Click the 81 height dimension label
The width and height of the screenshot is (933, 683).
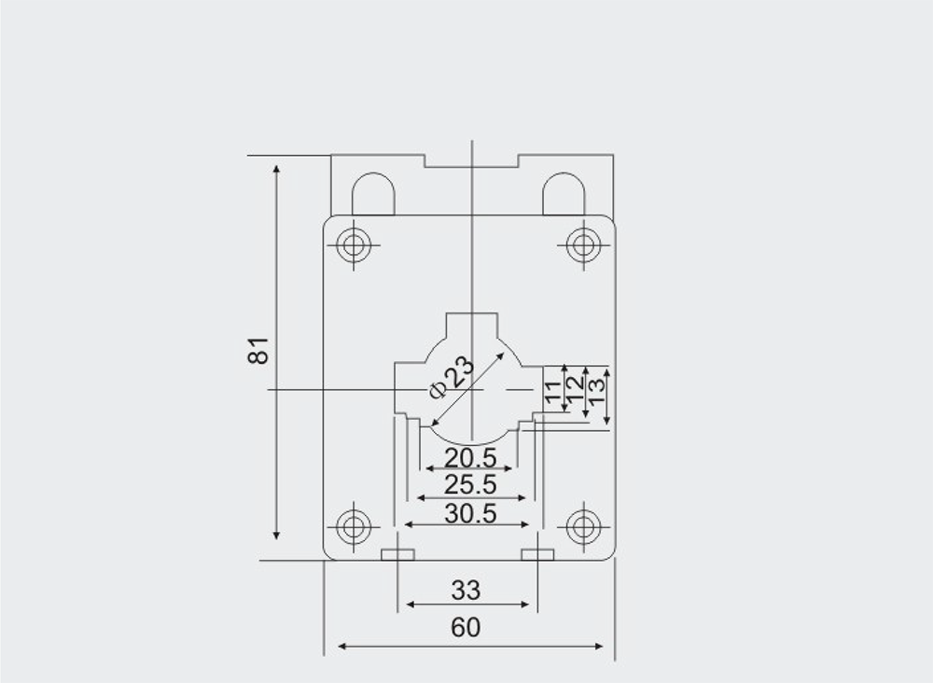pyautogui.click(x=258, y=351)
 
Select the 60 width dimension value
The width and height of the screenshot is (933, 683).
pyautogui.click(x=466, y=627)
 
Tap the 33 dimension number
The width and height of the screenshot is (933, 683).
pyautogui.click(x=466, y=591)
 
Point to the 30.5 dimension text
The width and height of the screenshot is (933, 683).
pyautogui.click(x=470, y=513)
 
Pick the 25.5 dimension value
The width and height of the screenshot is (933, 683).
pyautogui.click(x=470, y=485)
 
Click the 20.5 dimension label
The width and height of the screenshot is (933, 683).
pyautogui.click(x=470, y=458)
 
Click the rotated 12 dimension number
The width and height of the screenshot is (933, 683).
pyautogui.click(x=575, y=390)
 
